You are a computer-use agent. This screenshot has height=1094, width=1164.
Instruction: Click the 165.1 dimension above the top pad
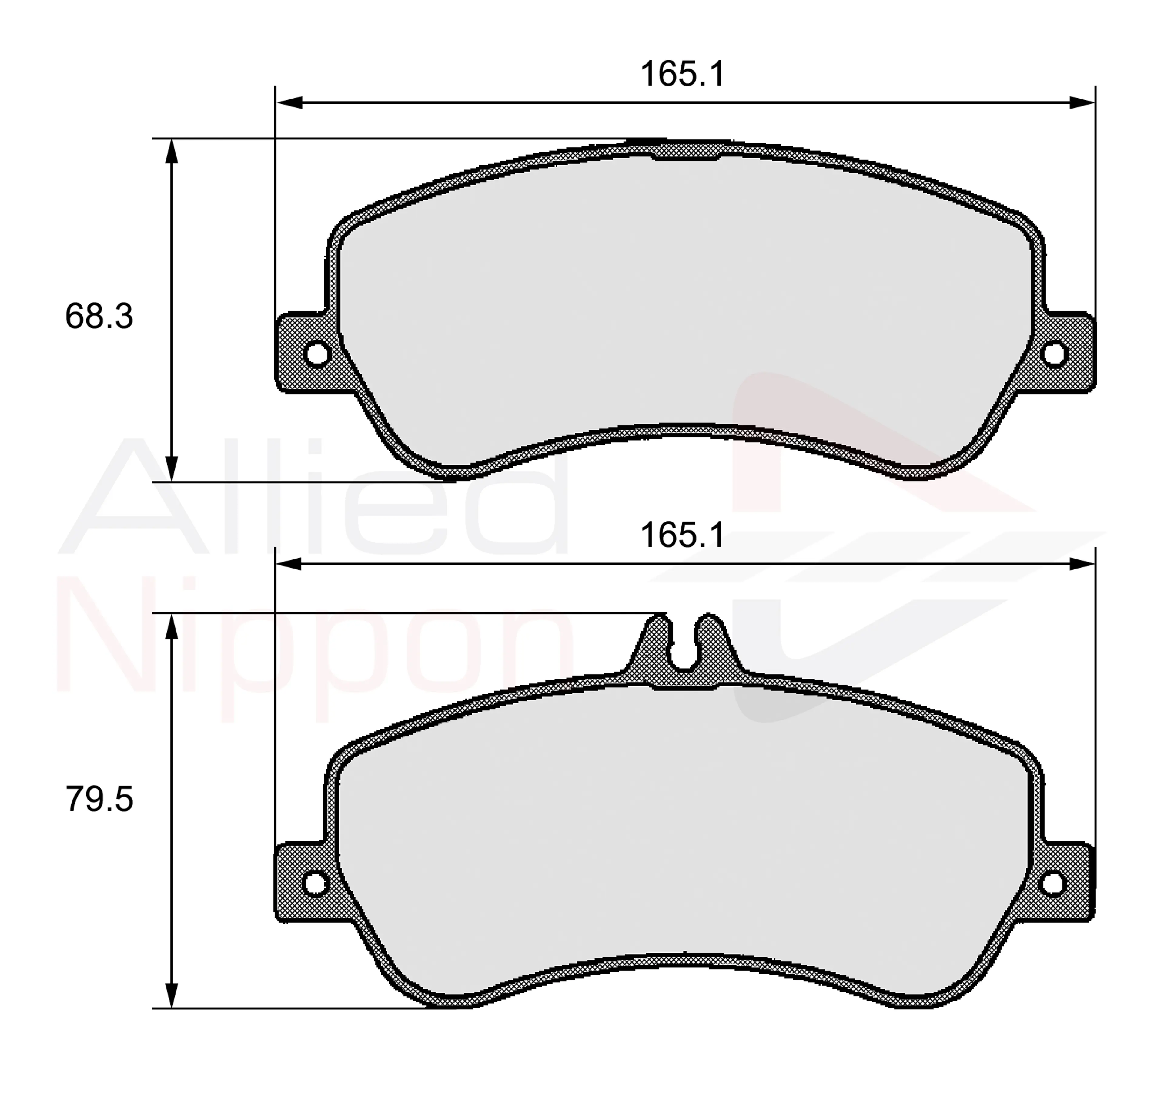683,74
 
